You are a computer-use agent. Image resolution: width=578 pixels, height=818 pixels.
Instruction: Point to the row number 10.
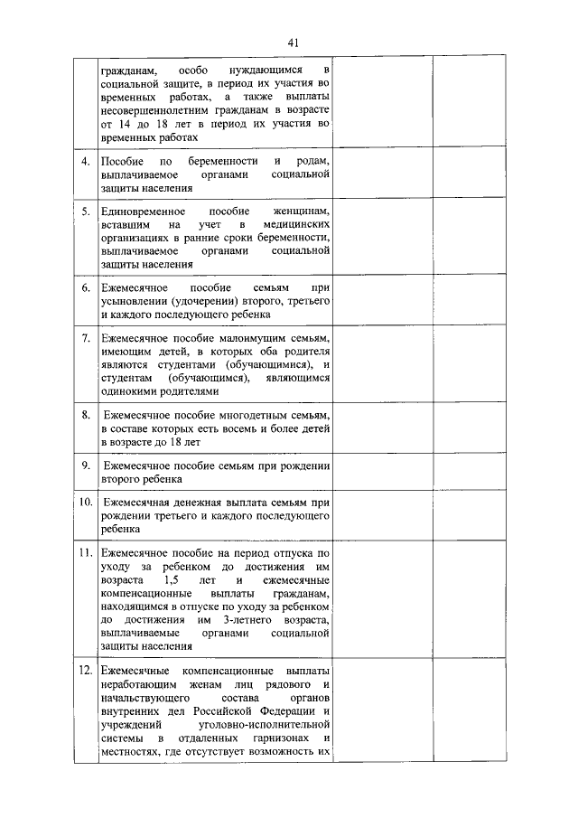[x=85, y=501]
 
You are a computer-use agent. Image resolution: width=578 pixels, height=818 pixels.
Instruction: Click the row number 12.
[x=85, y=672]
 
